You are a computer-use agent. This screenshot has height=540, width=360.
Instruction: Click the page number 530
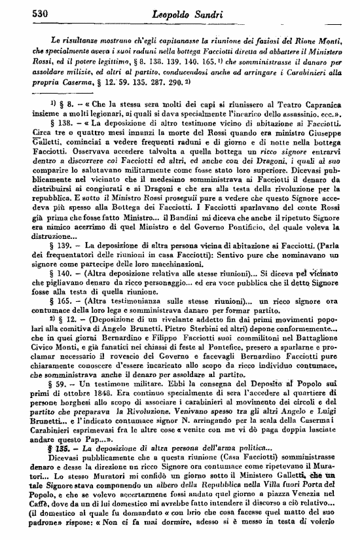24,12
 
